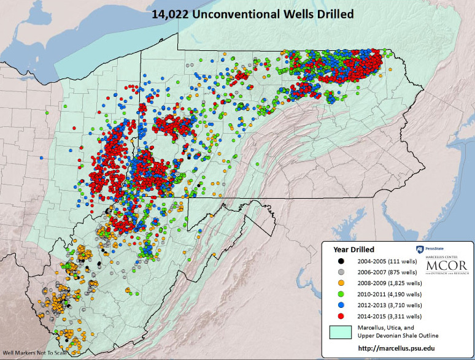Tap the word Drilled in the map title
(x=332, y=13)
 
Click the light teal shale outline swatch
(x=341, y=332)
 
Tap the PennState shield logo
(x=420, y=249)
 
